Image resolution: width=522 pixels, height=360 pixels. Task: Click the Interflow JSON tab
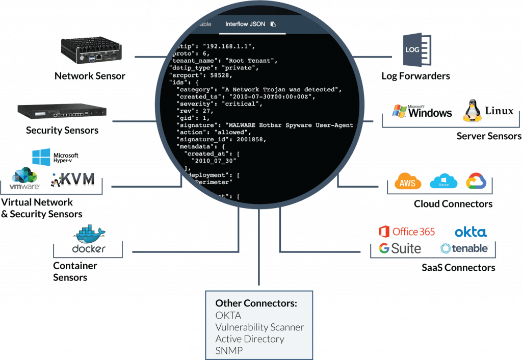pos(245,24)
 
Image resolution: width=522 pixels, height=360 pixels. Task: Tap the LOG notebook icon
pos(415,50)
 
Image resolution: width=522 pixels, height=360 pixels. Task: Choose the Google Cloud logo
pos(477,182)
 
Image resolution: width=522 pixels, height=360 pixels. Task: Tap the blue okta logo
pos(470,233)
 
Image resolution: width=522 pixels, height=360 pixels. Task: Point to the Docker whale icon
pos(90,234)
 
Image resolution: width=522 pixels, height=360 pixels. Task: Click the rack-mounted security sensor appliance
pos(62,112)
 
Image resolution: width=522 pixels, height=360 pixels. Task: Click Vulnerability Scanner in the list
pos(259,327)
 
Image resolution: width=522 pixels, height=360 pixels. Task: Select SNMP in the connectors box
pos(228,351)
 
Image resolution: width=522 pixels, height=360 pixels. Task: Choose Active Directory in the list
pos(249,339)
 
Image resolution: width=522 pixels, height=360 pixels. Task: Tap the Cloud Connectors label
pos(453,204)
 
